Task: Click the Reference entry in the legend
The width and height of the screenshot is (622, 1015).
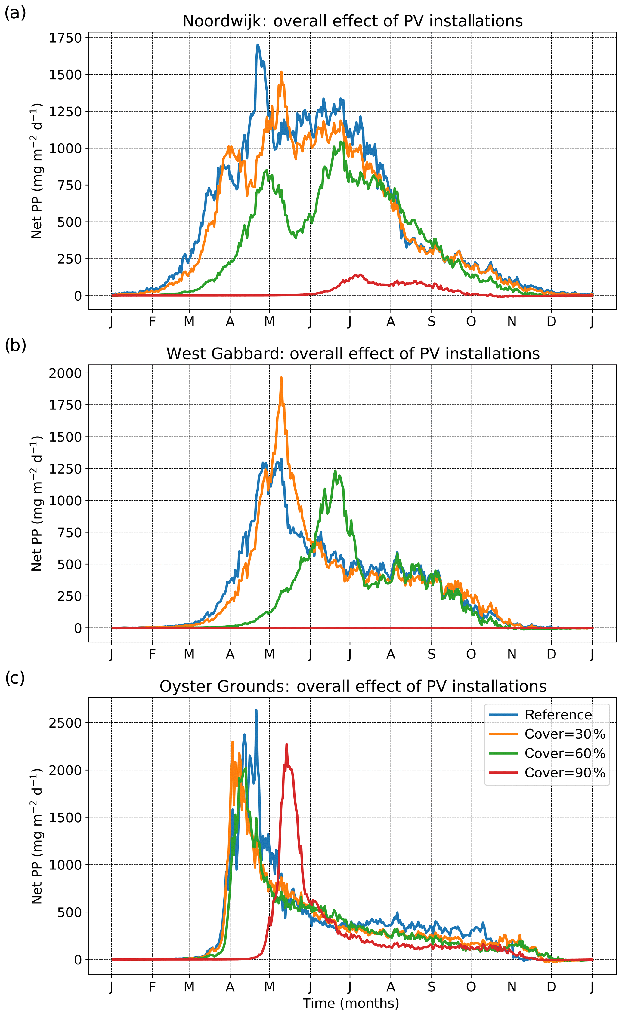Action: (x=558, y=715)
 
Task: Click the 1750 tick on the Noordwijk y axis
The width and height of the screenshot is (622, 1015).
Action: (x=66, y=38)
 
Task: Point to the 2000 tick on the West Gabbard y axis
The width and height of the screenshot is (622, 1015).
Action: (x=66, y=373)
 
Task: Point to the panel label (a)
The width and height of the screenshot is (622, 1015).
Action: (x=15, y=13)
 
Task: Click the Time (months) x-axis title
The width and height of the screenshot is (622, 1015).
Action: (x=351, y=1004)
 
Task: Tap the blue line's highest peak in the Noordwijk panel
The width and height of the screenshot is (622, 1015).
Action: (x=258, y=45)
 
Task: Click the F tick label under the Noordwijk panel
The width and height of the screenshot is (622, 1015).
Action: (x=152, y=322)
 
